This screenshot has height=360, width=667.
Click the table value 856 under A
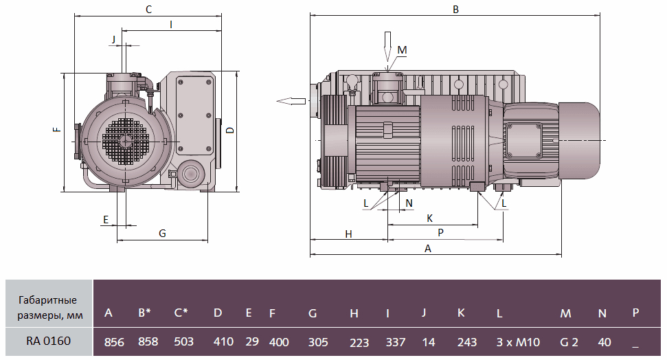[x=113, y=341]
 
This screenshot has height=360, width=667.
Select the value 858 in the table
[x=148, y=341]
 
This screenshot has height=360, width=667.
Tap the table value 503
[x=183, y=341]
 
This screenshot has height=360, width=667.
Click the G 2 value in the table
[x=569, y=341]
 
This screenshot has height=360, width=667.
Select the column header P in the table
[x=635, y=313]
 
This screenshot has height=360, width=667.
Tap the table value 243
[x=466, y=341]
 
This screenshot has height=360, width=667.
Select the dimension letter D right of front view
[x=230, y=130]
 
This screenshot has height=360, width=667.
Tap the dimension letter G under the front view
[x=163, y=234]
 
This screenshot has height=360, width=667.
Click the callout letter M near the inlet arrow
[x=403, y=50]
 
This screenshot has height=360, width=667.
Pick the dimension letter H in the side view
[x=348, y=234]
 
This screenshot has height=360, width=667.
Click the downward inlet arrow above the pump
[x=387, y=45]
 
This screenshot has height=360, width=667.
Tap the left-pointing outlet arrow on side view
[x=291, y=101]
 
